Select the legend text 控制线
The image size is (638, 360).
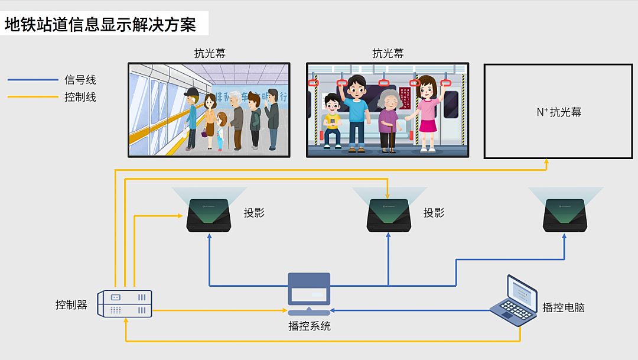click(80, 97)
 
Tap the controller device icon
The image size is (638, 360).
click(125, 303)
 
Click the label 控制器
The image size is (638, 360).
click(71, 305)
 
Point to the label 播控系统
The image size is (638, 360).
click(310, 326)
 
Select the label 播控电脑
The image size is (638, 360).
click(564, 307)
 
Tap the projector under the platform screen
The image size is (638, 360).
click(209, 215)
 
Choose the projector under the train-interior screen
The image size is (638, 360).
click(388, 215)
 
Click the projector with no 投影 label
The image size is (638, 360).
click(565, 215)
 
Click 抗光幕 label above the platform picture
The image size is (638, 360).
click(209, 53)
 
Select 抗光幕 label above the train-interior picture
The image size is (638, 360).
click(388, 53)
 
